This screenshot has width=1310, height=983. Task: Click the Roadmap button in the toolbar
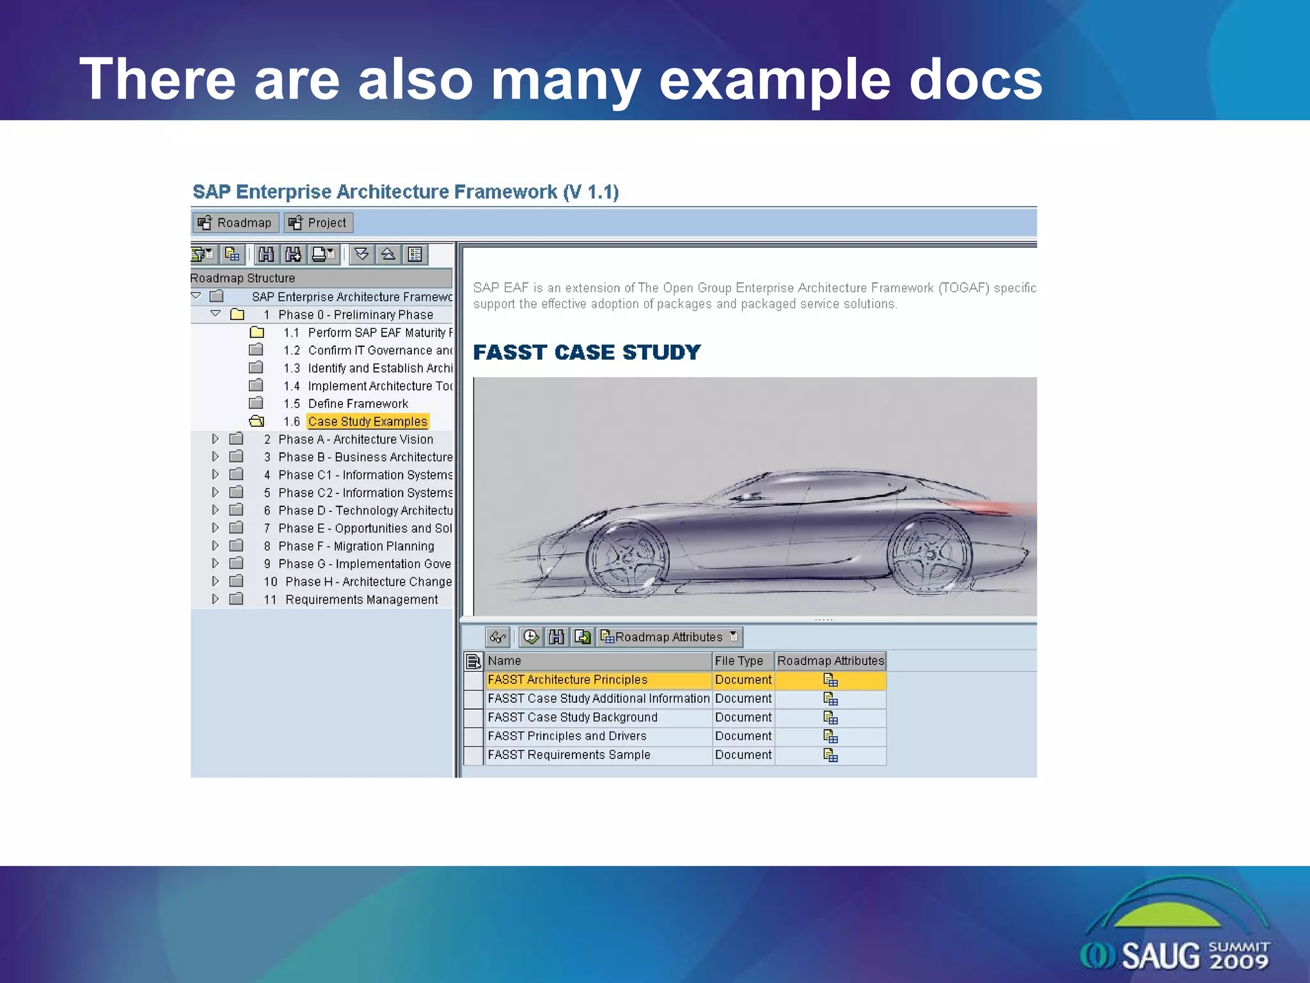[235, 223]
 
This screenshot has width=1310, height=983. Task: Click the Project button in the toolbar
[319, 223]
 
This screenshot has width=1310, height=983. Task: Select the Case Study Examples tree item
[367, 422]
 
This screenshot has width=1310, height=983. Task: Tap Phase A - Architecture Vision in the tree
[356, 440]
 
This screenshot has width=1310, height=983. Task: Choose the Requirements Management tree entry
[361, 600]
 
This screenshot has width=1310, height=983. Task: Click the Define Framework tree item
[358, 404]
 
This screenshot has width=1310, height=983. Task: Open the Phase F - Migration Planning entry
[356, 547]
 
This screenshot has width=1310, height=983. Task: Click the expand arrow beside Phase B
[216, 457]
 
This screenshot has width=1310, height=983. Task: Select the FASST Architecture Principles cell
[567, 680]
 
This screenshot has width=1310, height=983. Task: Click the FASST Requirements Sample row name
[569, 755]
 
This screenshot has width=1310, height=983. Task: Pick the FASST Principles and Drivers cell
[567, 736]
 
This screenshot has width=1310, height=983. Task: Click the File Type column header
[739, 661]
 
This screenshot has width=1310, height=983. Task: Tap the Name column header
[505, 661]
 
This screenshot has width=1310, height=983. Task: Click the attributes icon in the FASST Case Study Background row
[830, 718]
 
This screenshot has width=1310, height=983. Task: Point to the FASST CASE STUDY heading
[587, 352]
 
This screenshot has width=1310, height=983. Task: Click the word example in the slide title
[774, 80]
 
